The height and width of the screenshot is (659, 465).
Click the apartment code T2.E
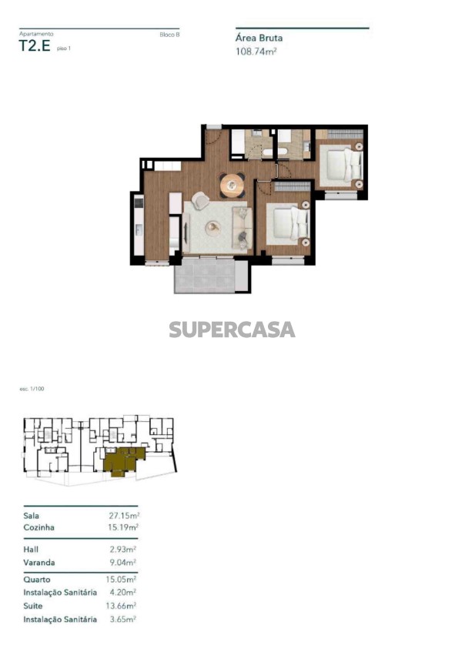coord(35,45)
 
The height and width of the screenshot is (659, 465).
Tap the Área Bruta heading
coord(259,38)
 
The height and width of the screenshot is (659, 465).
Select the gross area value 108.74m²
coord(256,52)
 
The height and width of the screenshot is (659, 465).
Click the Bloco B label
coord(169,35)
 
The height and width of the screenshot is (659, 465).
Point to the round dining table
coord(232,185)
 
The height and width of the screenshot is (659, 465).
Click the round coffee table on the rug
coord(213,227)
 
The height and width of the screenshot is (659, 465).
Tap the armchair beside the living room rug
coord(200,200)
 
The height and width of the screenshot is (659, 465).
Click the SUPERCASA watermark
coord(232,329)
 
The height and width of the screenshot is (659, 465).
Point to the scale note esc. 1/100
coord(32,389)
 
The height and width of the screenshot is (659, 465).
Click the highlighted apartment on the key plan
coord(124,460)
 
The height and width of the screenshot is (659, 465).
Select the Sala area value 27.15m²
coord(124,515)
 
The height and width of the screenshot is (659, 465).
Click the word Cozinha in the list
coord(38,527)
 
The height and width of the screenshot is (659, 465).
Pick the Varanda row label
coord(39,562)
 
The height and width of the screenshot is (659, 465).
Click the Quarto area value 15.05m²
coord(121,580)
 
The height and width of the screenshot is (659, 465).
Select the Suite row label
coord(33,606)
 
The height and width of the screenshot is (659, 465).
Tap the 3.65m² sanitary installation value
coord(123,619)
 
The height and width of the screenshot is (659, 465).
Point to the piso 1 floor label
coord(64,49)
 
